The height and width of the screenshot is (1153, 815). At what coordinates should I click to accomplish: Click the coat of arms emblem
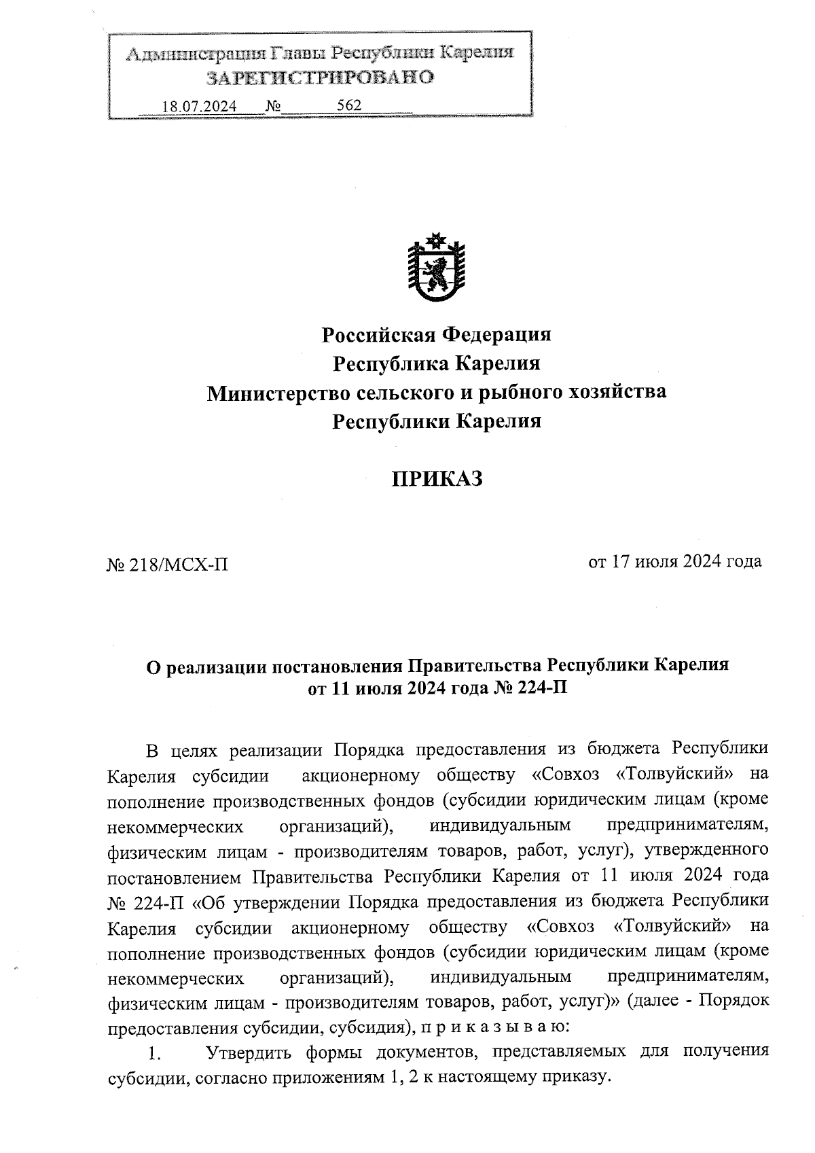(x=436, y=268)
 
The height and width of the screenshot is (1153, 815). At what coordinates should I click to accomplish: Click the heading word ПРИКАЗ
(x=436, y=479)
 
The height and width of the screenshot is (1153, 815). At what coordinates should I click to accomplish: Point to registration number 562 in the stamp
(x=349, y=105)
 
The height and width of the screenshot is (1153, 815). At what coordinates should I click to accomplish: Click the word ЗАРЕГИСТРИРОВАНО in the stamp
(x=320, y=77)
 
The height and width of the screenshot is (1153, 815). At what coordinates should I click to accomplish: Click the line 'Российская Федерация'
(x=436, y=334)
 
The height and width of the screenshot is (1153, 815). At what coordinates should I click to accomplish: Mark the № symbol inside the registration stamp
(x=274, y=107)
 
